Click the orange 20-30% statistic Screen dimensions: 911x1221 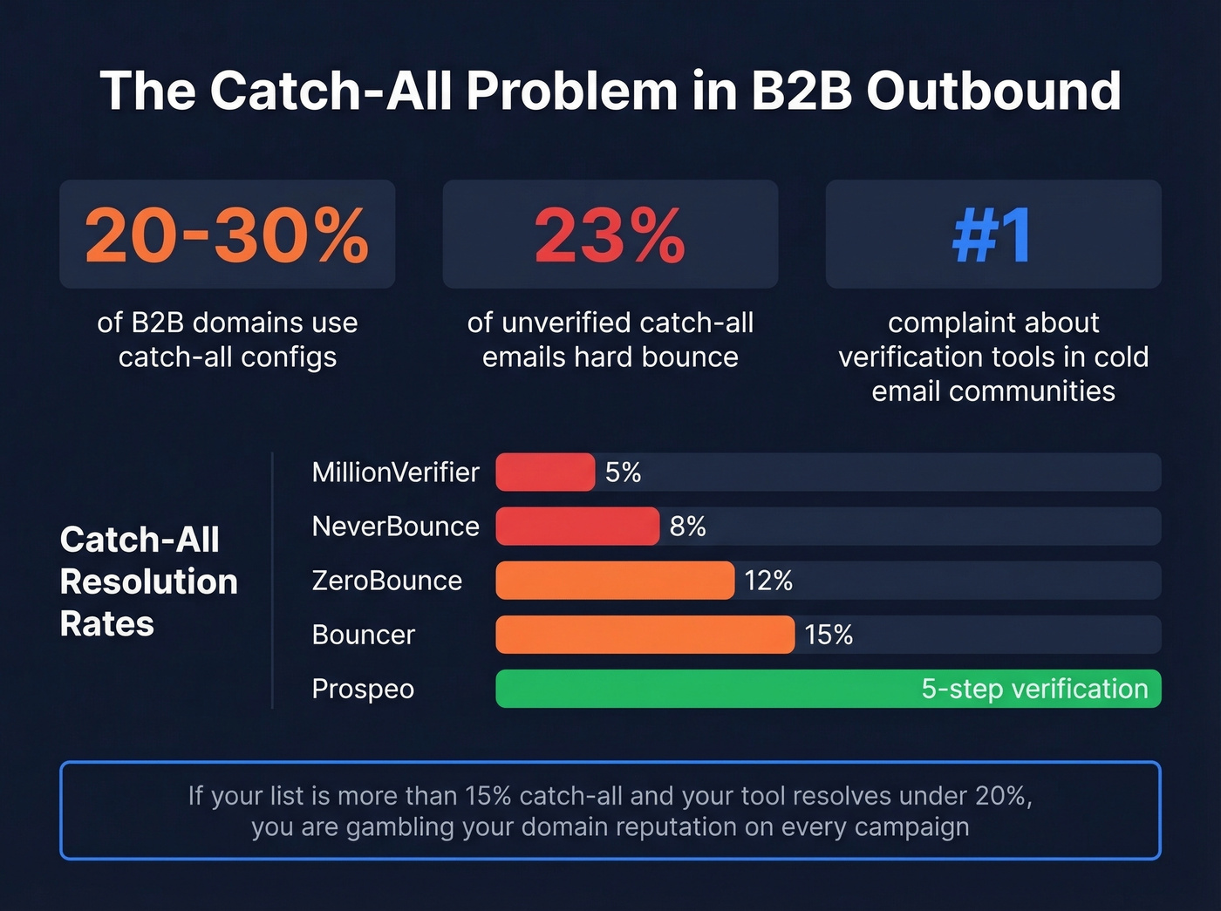227,235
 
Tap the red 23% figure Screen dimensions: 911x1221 610,235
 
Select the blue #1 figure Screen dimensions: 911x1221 992,235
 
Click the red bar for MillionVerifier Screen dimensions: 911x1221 545,472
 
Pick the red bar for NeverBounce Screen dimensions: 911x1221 576,527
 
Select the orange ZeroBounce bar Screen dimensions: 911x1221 615,581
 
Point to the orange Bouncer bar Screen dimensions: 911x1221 645,635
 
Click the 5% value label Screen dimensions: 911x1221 623,472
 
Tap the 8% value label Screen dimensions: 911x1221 687,527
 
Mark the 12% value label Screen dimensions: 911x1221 768,581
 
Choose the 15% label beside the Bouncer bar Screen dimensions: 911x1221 829,635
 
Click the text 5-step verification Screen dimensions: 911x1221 1034,689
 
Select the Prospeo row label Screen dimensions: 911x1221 363,689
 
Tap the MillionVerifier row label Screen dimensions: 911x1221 395,472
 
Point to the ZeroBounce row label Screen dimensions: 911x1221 386,581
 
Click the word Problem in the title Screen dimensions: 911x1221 571,91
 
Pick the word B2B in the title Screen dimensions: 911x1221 801,91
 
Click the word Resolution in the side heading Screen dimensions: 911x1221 149,581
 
